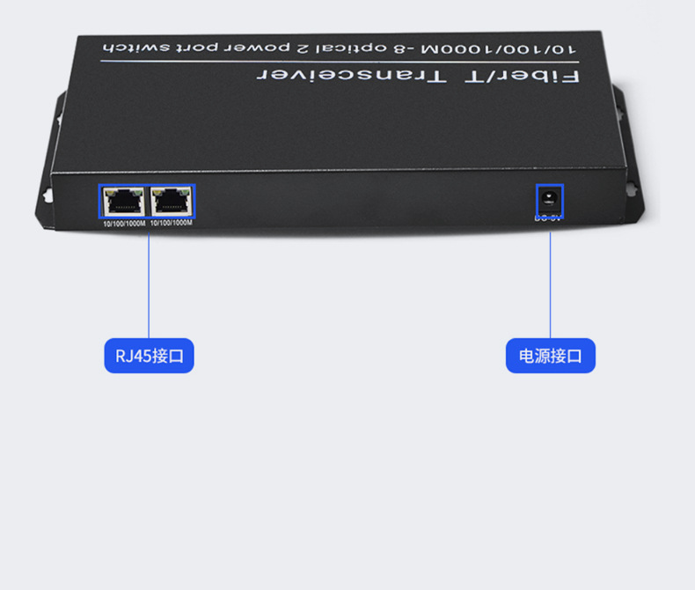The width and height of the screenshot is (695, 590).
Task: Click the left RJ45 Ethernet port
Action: pos(123,203)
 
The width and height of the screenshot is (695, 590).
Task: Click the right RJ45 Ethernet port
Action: pos(172,203)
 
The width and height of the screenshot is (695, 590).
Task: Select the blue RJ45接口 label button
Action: pos(149,356)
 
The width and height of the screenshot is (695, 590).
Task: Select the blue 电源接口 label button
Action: pos(551,356)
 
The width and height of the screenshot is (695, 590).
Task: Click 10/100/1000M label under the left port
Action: pos(123,224)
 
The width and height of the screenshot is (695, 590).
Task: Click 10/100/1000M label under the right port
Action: pos(172,224)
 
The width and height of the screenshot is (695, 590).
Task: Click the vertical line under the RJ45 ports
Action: pos(149,282)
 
